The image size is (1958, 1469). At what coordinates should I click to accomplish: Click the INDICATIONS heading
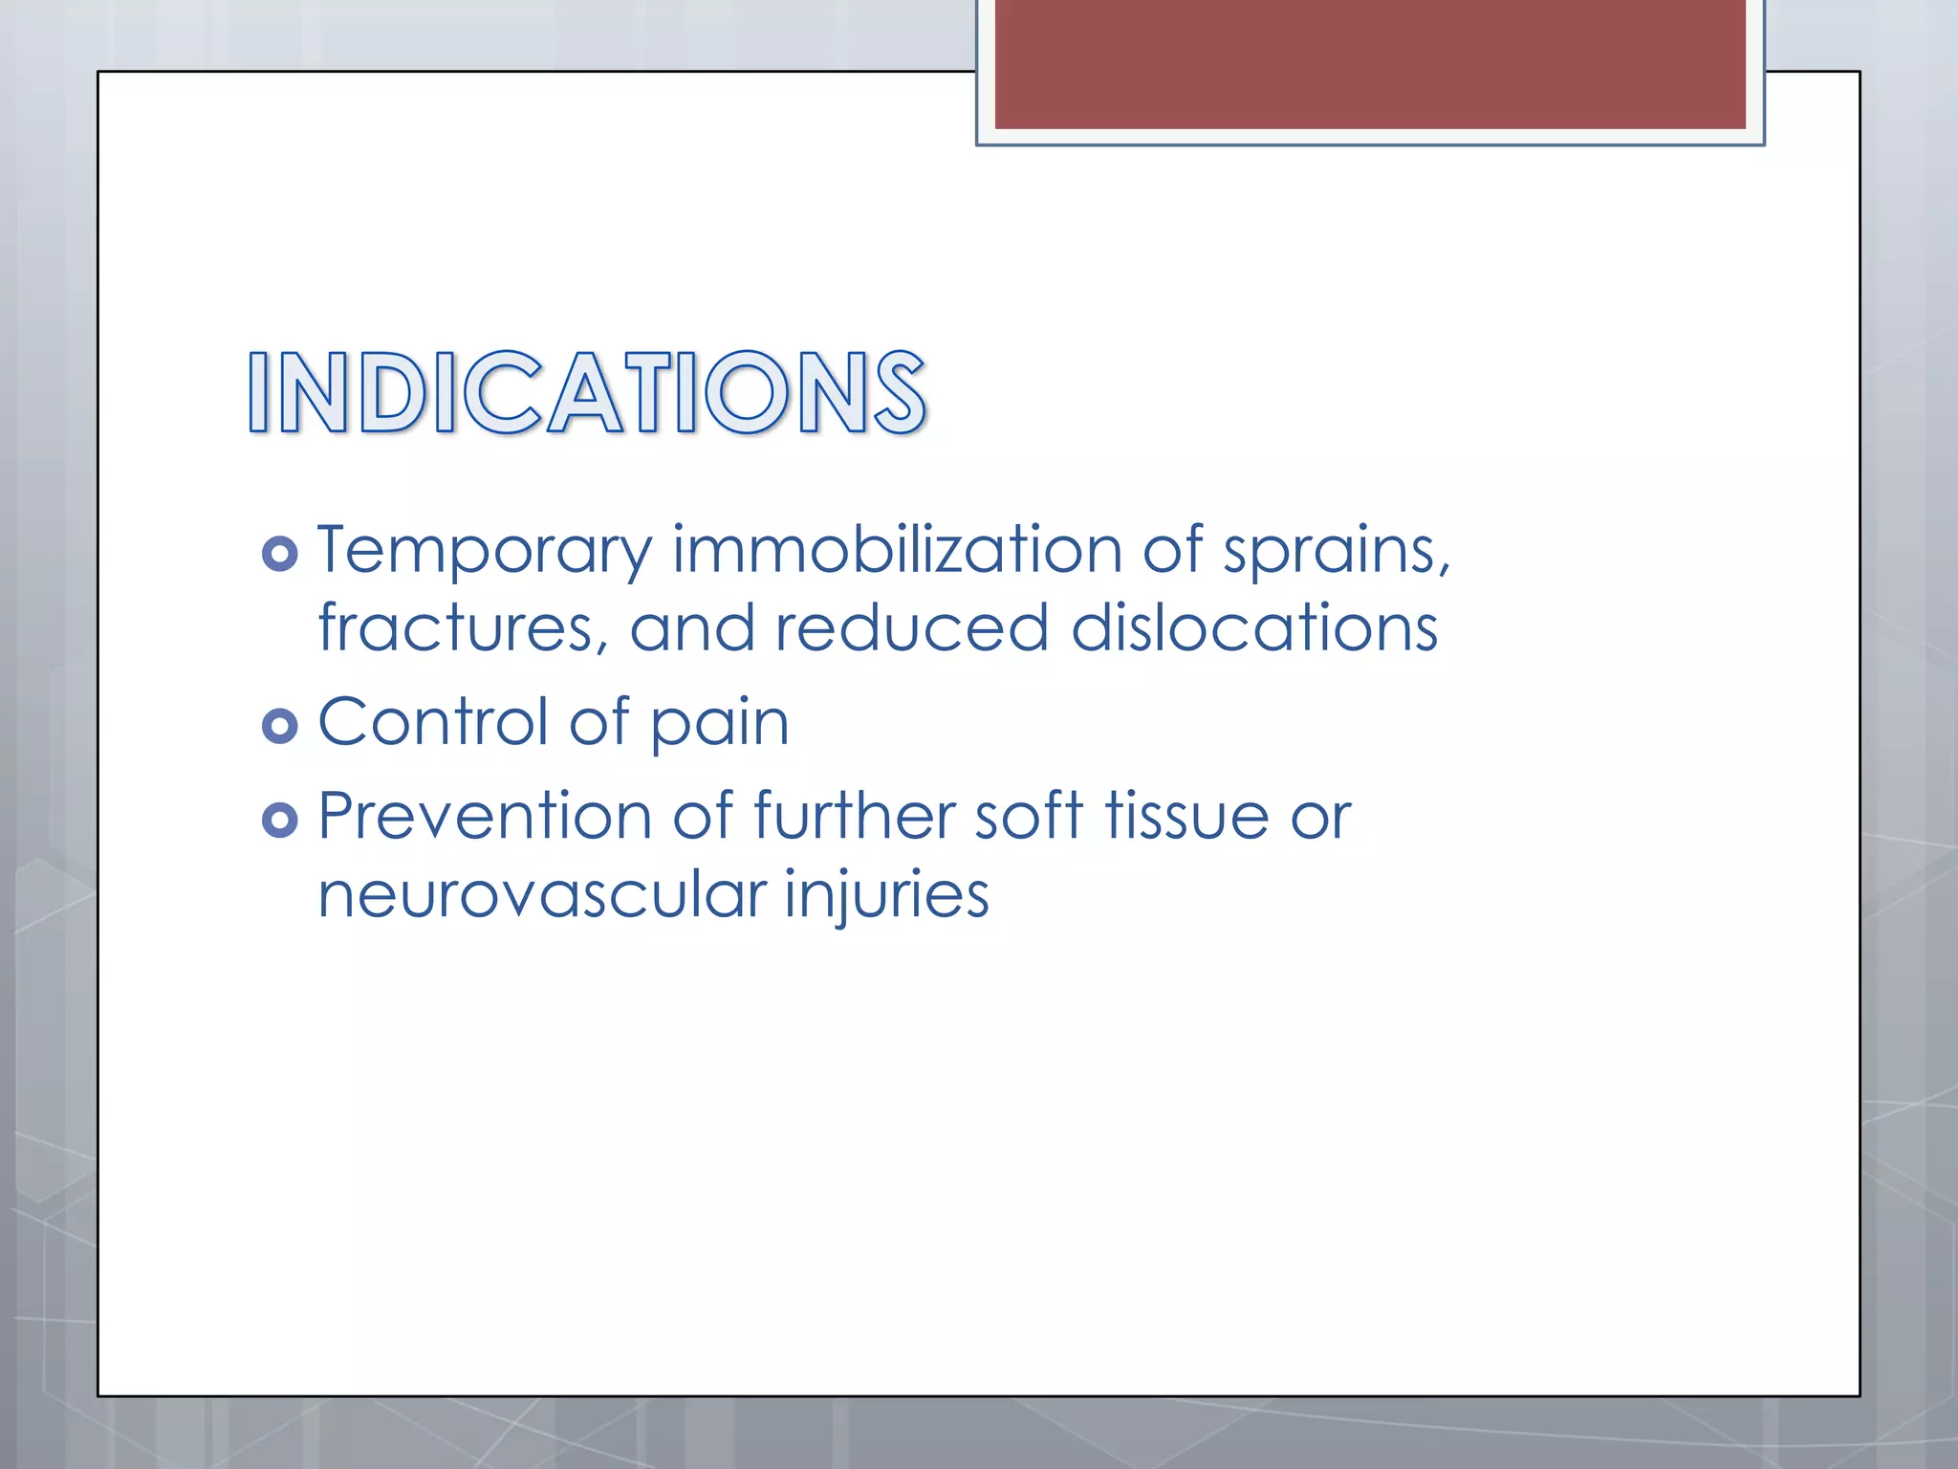586,393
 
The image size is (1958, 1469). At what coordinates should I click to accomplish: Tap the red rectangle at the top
1369,63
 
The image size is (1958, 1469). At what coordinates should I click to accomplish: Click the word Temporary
485,552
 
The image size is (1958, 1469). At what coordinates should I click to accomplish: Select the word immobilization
897,550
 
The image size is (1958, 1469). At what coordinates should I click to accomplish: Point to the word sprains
1335,552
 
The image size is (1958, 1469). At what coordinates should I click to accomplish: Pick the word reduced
911,628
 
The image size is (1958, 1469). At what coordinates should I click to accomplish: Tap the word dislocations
1254,628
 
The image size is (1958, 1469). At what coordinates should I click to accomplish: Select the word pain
720,724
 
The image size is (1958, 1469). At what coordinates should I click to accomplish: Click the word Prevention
485,816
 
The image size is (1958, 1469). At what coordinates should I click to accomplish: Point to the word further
854,816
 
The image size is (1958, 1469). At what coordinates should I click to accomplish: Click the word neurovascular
541,895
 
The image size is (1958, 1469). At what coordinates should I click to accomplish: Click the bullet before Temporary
279,554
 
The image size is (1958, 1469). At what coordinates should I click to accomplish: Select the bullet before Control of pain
279,726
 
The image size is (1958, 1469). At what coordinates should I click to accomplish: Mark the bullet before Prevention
279,820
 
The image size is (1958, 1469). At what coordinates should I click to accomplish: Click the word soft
1029,816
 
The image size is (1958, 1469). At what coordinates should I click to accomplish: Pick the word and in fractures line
691,628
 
